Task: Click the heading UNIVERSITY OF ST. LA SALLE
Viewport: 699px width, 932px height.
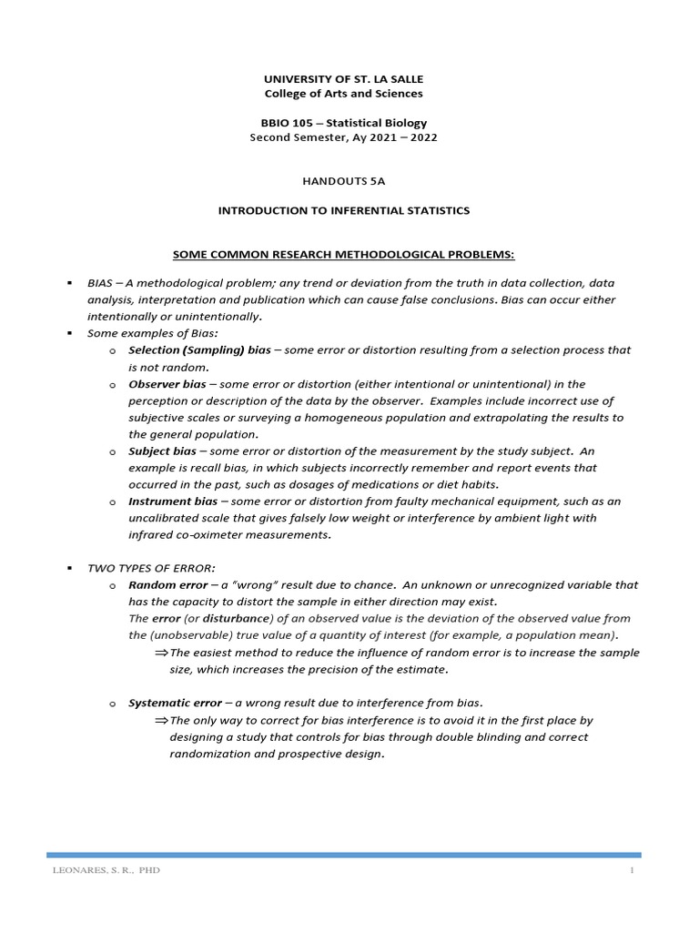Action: pos(343,79)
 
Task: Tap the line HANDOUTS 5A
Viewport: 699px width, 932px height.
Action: pos(343,181)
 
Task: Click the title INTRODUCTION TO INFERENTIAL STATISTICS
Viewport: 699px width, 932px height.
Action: pos(343,210)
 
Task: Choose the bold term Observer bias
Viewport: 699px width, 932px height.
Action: pos(167,384)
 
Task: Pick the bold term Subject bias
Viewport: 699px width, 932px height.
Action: pos(163,451)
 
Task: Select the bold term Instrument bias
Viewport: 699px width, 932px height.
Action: pos(173,501)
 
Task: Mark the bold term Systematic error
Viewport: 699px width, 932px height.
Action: pos(175,703)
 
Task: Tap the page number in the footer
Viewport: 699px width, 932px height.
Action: pos(630,871)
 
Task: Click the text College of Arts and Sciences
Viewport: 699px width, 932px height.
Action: pos(343,94)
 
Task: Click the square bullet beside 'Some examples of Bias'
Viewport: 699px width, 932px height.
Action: pos(69,334)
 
